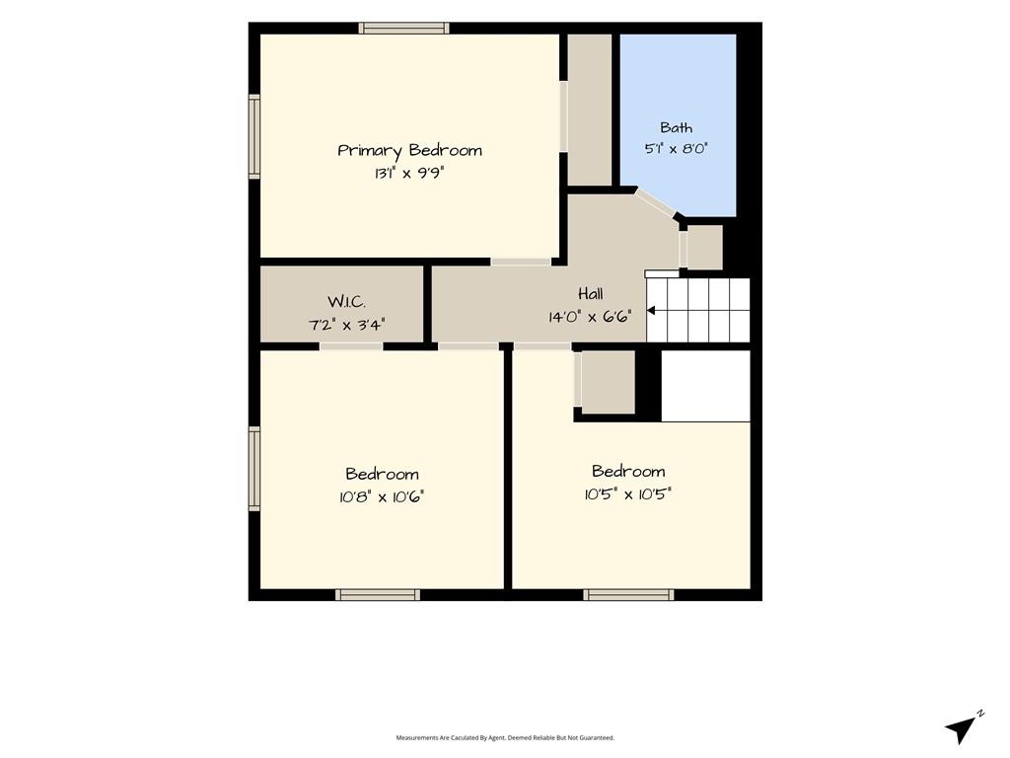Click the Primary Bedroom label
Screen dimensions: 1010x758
(409, 151)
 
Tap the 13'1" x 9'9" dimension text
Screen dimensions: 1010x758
(409, 173)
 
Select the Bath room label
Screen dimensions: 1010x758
(677, 127)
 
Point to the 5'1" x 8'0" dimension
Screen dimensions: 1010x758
(677, 148)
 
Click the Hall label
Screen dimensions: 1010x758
(591, 294)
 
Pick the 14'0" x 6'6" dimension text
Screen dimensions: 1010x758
(590, 317)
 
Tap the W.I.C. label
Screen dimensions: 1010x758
(346, 302)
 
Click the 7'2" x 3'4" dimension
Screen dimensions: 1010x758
(346, 324)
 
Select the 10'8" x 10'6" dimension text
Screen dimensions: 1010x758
(382, 497)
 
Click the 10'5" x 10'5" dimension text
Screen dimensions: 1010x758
(628, 494)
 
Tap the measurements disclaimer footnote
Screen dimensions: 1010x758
(505, 737)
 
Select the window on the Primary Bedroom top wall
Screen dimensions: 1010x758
(403, 28)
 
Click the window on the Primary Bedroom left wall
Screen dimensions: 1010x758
(254, 136)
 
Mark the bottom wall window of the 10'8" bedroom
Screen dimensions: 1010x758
(378, 595)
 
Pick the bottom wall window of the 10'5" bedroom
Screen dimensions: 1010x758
(628, 595)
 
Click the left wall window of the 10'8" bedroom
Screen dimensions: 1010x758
(254, 469)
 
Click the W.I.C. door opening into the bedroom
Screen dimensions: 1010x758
(351, 346)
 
